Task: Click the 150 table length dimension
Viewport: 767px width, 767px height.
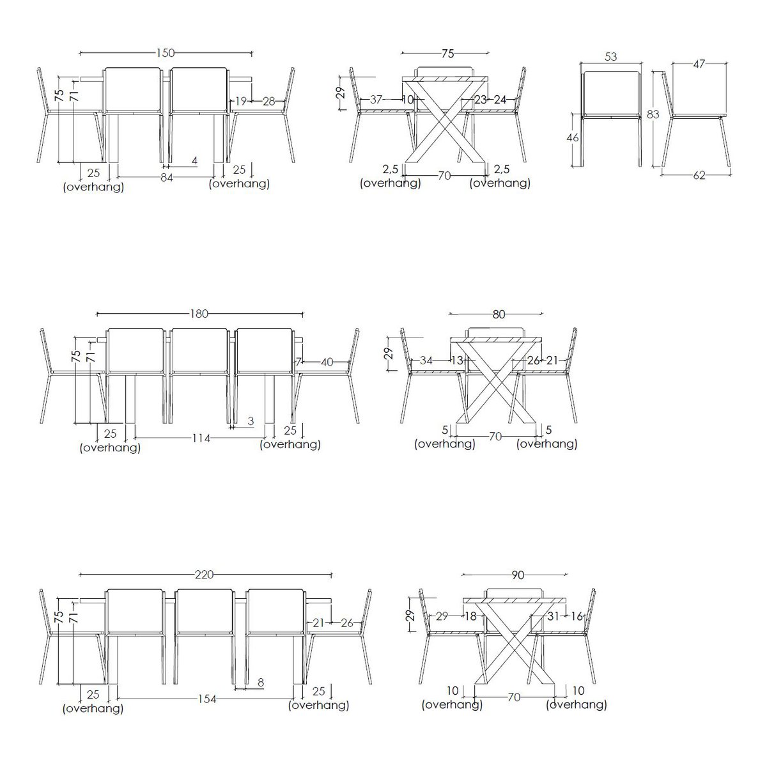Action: click(x=166, y=53)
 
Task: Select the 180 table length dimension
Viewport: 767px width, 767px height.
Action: click(x=199, y=314)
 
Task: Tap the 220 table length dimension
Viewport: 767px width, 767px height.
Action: click(x=205, y=575)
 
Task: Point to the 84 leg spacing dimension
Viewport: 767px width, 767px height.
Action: click(x=167, y=178)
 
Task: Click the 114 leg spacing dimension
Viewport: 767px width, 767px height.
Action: click(x=201, y=438)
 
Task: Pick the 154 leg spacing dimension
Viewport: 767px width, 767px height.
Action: click(x=207, y=699)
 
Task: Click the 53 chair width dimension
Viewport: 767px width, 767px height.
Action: click(x=610, y=57)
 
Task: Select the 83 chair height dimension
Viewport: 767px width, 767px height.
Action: click(x=653, y=114)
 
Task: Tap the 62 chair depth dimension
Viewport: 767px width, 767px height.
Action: click(x=699, y=175)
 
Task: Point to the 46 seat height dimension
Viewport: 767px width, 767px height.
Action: click(x=572, y=137)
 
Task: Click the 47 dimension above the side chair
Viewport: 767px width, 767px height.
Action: click(x=699, y=64)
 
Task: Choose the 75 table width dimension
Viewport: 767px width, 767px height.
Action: click(x=448, y=54)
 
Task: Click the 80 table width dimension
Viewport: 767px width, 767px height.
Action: click(x=499, y=314)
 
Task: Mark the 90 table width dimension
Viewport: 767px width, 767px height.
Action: click(x=518, y=575)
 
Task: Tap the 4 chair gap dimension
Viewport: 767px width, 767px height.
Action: click(x=194, y=161)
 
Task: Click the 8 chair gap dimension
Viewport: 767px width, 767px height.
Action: click(x=261, y=683)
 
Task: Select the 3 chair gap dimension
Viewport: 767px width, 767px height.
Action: click(x=251, y=421)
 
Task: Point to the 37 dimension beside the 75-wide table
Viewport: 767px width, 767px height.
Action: click(x=376, y=99)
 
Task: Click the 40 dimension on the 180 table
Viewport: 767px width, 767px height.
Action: click(x=327, y=362)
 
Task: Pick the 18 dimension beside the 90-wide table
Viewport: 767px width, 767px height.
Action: click(x=470, y=617)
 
